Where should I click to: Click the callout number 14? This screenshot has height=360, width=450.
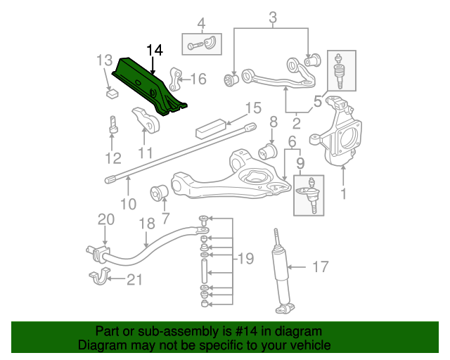[x=155, y=49]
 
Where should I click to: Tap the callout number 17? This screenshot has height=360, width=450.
[x=321, y=266]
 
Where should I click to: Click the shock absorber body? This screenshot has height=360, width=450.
[x=281, y=271]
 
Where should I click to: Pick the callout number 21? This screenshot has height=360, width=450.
[x=134, y=280]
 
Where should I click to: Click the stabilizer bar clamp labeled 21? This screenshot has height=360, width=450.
[x=100, y=276]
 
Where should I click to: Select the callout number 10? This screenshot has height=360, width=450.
[x=128, y=205]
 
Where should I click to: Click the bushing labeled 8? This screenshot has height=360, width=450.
[x=268, y=150]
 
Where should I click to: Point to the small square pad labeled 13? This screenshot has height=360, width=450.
[x=111, y=91]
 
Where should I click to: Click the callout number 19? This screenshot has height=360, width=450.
[x=245, y=259]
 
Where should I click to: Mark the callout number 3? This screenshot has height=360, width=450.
[x=273, y=17]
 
